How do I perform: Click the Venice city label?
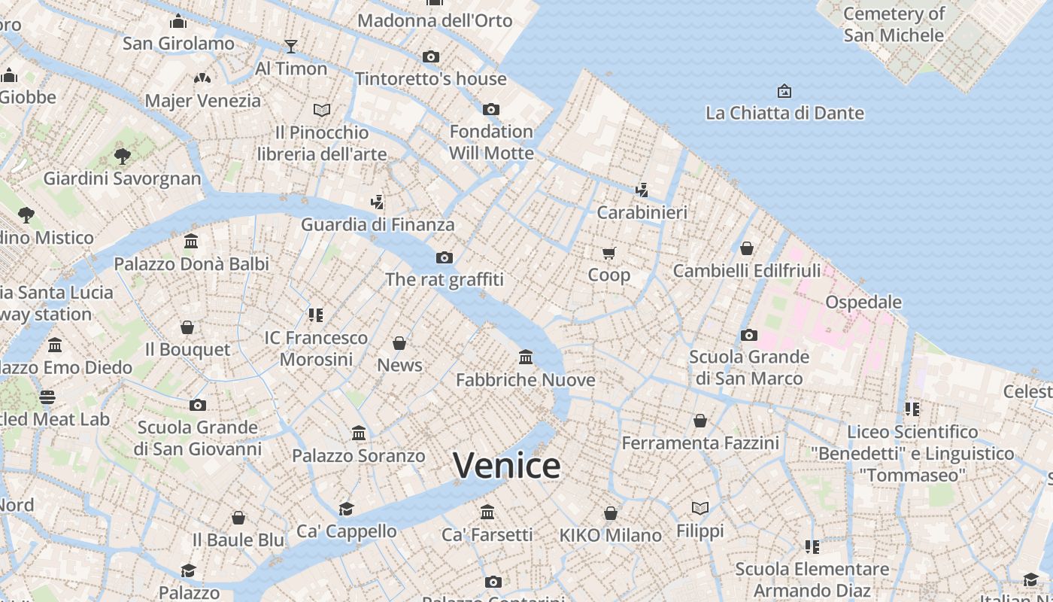[506, 465]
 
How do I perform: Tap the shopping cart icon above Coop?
[609, 253]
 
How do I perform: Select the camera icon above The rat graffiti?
[445, 258]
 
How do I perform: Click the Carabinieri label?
[642, 212]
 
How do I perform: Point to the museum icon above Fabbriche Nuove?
[526, 357]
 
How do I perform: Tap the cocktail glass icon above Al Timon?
[291, 47]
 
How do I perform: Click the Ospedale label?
[863, 302]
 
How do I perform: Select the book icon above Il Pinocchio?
[322, 111]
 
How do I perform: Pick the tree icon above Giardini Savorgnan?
[123, 157]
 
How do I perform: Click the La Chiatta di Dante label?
[784, 113]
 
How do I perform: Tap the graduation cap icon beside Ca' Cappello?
[346, 509]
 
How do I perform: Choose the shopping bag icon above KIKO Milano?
[611, 513]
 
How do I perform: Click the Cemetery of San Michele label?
[894, 24]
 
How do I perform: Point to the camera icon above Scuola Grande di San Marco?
[749, 335]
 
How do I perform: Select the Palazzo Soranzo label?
[359, 455]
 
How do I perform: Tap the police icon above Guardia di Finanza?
[378, 202]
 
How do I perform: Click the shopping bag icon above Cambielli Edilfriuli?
[747, 248]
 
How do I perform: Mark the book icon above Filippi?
[700, 509]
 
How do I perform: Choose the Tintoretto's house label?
[431, 78]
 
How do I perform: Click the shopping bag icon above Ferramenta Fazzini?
[700, 421]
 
